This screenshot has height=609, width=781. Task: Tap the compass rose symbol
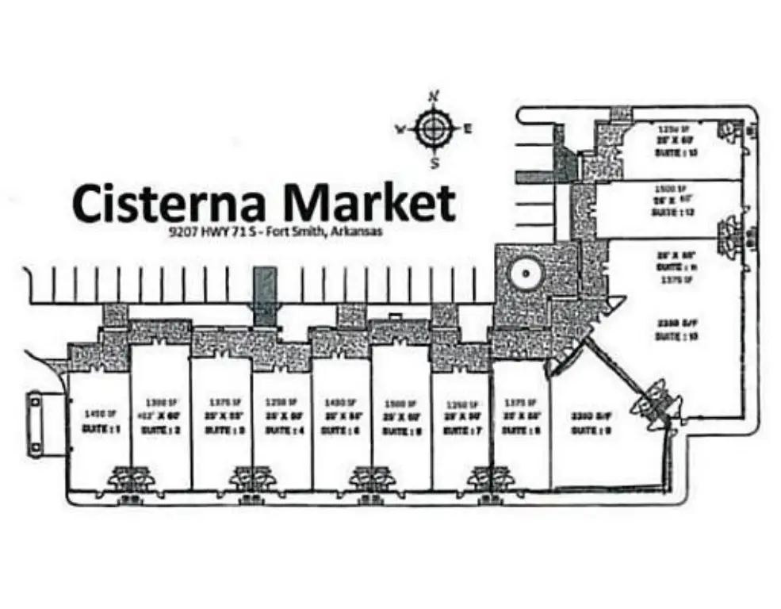[x=434, y=128]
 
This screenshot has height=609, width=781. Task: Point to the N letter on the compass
[x=434, y=97]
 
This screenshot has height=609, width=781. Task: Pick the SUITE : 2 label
[x=160, y=429]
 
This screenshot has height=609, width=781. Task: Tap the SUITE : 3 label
[x=223, y=429]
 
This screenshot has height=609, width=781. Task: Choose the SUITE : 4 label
[x=283, y=429]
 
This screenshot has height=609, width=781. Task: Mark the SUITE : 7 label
[x=462, y=429]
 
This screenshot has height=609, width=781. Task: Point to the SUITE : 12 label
[x=676, y=212]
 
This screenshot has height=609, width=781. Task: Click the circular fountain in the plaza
[x=523, y=275]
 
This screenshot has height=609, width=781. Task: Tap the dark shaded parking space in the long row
[x=265, y=295]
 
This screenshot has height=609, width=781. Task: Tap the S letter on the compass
[x=435, y=164]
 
